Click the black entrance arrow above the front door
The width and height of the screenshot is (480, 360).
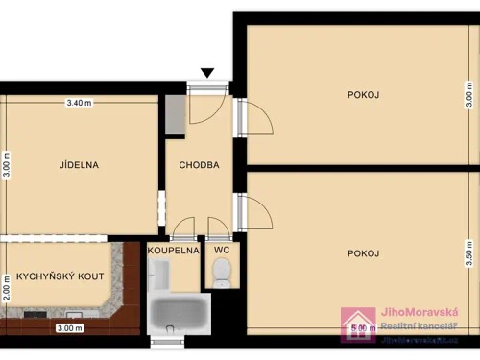(208, 73)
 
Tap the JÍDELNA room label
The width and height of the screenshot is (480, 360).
(80, 164)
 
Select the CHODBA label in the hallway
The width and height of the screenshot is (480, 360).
(199, 165)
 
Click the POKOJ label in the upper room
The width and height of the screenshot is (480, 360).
(364, 94)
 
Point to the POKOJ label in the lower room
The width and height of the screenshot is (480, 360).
(364, 253)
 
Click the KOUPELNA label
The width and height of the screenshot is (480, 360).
(174, 251)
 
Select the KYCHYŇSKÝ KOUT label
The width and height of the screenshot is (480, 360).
(60, 276)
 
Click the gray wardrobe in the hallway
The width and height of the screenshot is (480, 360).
(175, 114)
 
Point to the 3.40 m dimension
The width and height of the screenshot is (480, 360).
(79, 103)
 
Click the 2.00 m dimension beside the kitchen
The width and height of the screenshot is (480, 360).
(6, 287)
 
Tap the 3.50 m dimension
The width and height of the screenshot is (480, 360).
(469, 252)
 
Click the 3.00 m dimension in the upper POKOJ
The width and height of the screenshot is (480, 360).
(469, 95)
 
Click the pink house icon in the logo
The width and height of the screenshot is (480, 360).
(358, 324)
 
